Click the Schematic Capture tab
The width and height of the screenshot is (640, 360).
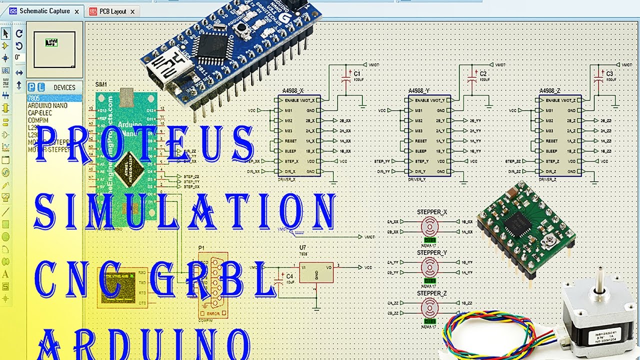44,11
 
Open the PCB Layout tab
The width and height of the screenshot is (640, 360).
112,11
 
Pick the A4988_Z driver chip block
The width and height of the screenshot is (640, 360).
560,135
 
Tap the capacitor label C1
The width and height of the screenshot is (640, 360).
357,73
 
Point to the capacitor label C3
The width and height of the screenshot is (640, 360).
609,73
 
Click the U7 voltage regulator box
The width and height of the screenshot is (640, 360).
316,272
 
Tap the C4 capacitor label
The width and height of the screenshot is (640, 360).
289,276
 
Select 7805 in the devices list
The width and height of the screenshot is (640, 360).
33,98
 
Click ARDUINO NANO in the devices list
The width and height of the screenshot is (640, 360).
47,106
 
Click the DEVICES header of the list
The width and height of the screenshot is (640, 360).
64,87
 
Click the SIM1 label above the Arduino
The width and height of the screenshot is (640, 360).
101,84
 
